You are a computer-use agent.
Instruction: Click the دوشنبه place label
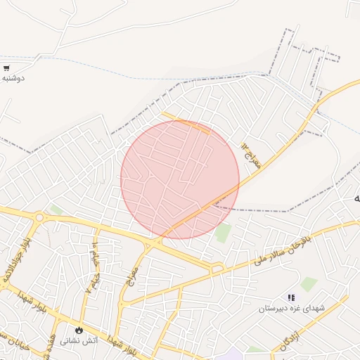point(13,78)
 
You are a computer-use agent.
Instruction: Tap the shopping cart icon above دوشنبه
point(6,68)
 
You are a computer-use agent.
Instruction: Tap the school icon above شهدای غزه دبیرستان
point(292,298)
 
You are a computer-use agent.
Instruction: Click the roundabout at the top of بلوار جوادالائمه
point(39,218)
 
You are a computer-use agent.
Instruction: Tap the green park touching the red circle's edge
point(224,233)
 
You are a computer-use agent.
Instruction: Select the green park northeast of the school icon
point(309,283)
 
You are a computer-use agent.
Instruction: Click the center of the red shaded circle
point(180,179)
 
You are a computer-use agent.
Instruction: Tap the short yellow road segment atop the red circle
point(186,122)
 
